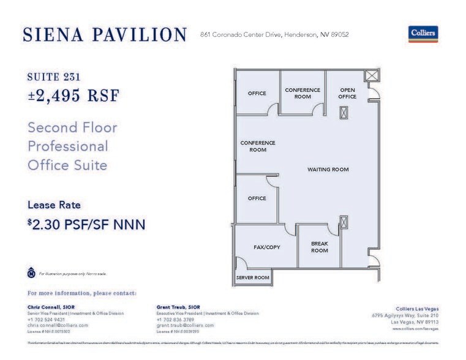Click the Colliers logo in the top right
tap(423, 34)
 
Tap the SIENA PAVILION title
tap(104, 35)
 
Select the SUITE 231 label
tap(54, 77)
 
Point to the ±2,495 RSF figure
tap(73, 96)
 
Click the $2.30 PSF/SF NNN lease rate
tap(86, 225)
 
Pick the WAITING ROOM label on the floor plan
tap(328, 170)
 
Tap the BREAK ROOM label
tap(320, 247)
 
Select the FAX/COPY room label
tap(266, 247)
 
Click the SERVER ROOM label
tap(253, 278)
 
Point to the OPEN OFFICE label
tap(347, 93)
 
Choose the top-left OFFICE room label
tap(257, 94)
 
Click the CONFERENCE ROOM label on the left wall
tap(258, 146)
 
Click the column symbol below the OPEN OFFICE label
tap(344, 113)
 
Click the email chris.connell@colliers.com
tap(58, 325)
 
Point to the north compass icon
tap(31, 273)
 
